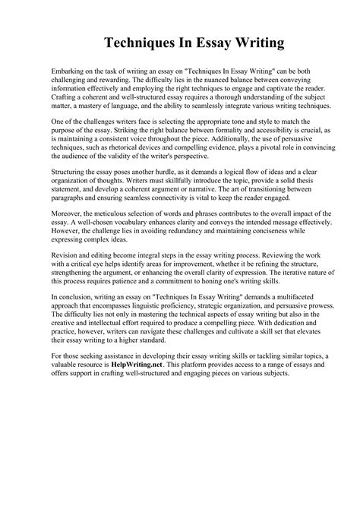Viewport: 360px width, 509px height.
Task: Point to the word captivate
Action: (x=266, y=89)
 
